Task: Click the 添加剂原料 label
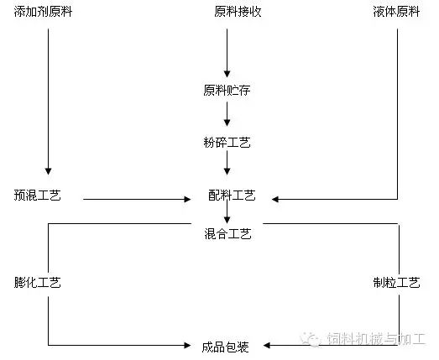(x=43, y=12)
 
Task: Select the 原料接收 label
(x=238, y=12)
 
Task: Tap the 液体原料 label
(x=396, y=12)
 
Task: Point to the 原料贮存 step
(x=227, y=90)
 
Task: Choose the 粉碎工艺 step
(x=227, y=142)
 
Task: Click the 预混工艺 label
(x=37, y=196)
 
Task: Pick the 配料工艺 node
(x=232, y=196)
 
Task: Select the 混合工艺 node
(x=227, y=234)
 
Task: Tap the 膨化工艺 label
(x=37, y=283)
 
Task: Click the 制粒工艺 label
(x=396, y=283)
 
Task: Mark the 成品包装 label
(x=226, y=347)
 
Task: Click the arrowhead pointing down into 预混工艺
(x=48, y=171)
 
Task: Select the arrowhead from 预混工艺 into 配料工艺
(x=187, y=200)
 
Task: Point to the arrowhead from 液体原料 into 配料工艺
(x=275, y=200)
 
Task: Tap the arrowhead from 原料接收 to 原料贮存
(x=227, y=74)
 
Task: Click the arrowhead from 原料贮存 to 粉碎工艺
(x=227, y=123)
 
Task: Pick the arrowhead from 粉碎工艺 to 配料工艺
(x=227, y=171)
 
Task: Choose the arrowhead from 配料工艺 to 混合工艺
(x=227, y=220)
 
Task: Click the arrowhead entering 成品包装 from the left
(x=187, y=345)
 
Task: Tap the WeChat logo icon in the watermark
(x=310, y=339)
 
